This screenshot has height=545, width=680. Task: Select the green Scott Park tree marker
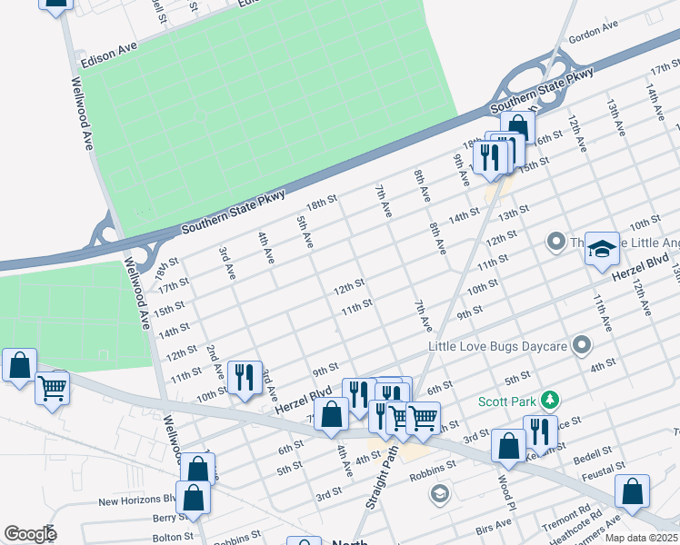(549, 400)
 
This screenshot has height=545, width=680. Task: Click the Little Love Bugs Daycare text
(498, 346)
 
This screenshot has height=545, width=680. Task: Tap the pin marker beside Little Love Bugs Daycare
(583, 345)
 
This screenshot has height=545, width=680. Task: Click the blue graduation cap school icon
(602, 250)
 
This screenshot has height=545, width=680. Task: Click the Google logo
(30, 534)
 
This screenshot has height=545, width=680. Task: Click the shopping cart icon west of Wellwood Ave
(52, 389)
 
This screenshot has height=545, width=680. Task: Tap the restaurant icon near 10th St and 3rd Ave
(244, 377)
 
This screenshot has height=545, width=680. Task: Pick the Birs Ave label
(494, 527)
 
